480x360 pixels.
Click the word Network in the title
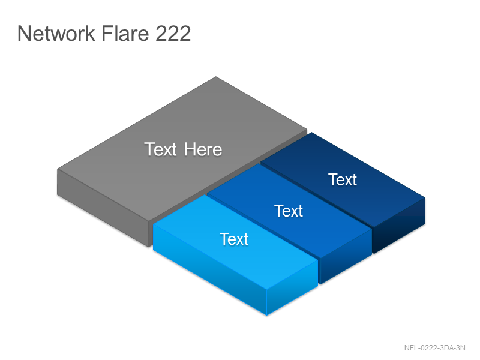pos(56,33)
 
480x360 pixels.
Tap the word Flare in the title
pos(125,33)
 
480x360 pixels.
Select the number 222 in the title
pos(173,33)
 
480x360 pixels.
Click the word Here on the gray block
pos(203,149)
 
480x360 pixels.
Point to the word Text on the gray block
pos(160,149)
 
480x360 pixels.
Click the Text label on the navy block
pos(343,179)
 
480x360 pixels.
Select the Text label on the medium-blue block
pos(289,211)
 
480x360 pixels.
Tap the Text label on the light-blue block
pos(234,239)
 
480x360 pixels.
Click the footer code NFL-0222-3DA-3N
pos(434,348)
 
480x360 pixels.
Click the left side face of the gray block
pos(103,208)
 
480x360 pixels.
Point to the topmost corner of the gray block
pos(216,77)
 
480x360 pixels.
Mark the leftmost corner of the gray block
pos(58,169)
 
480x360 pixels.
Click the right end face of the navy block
pos(399,226)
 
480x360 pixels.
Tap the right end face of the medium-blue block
pos(346,257)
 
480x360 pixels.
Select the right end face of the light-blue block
pos(292,288)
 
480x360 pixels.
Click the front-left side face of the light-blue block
pos(209,269)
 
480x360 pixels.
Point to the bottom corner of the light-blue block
pos(266,315)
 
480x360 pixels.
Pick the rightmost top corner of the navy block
pos(425,197)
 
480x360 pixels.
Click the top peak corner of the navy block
pos(311,132)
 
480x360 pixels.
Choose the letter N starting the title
pos(23,33)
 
